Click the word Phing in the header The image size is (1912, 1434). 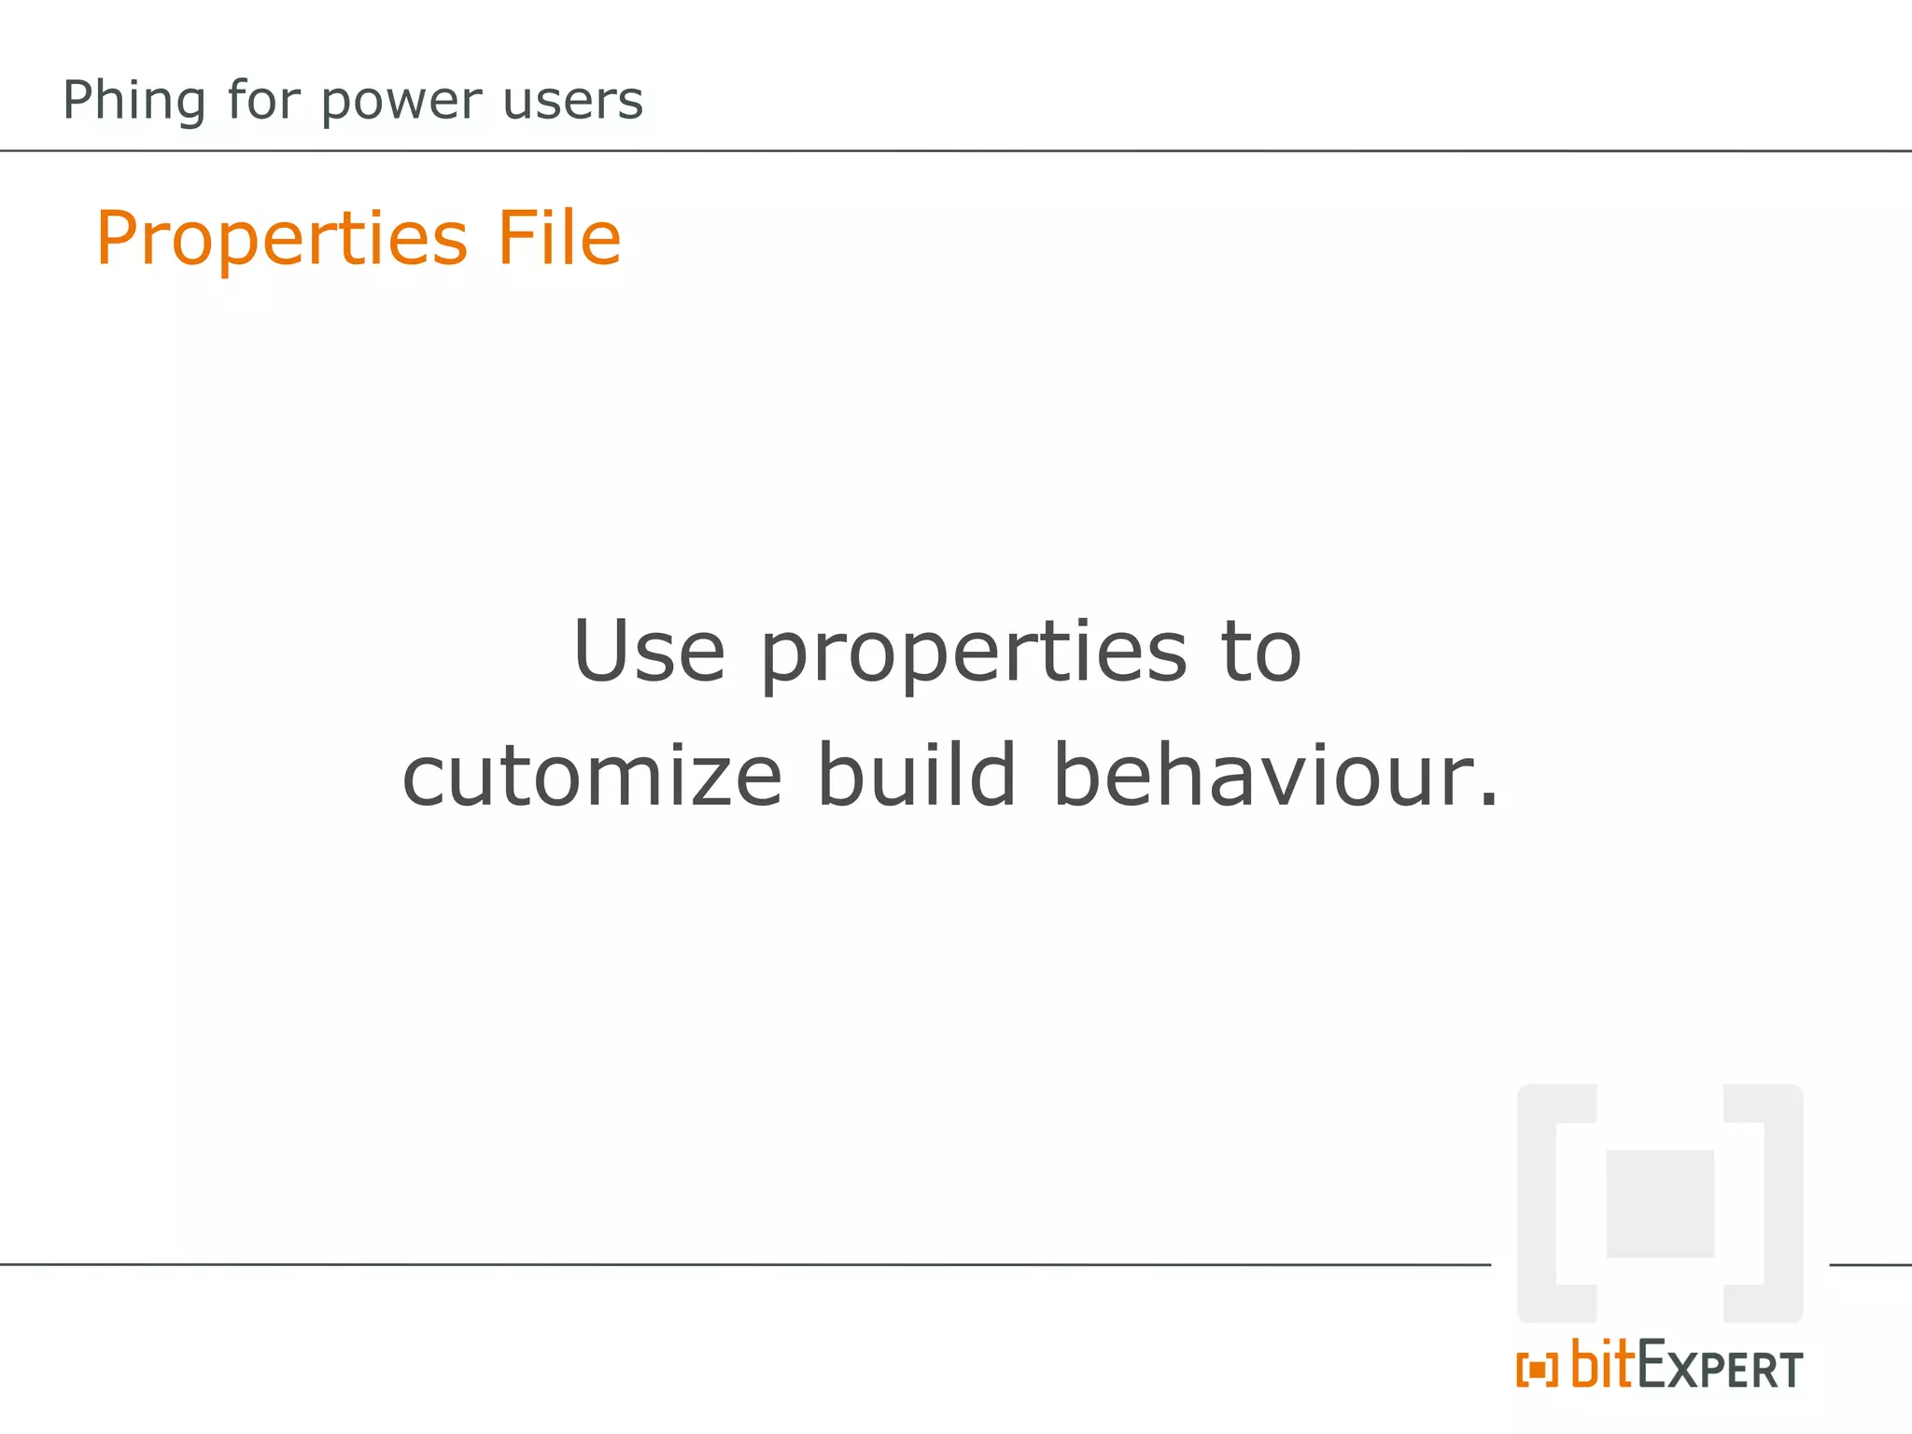134,101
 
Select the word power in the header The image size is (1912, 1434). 401,101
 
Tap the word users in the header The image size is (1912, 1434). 572,101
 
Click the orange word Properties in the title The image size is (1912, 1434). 281,239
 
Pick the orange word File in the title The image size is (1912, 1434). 558,237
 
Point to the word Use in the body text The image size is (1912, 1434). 649,651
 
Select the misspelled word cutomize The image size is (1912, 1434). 592,776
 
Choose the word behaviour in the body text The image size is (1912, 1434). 1264,774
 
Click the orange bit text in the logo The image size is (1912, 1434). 1603,1364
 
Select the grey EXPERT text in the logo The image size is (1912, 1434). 1720,1369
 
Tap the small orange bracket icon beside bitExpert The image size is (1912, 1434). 1537,1370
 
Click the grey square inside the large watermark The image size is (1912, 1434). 1659,1203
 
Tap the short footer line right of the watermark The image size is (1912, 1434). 1870,1265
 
